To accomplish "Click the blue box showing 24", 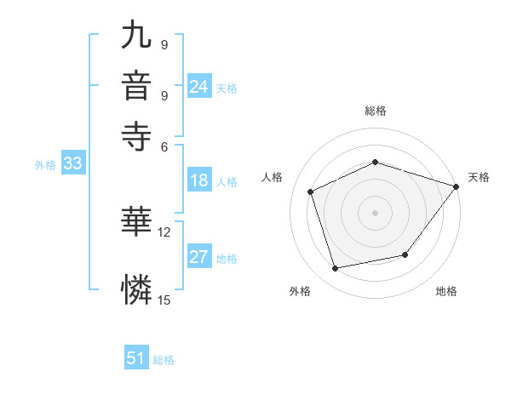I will pyautogui.click(x=199, y=87).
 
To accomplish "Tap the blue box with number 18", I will pyautogui.click(x=199, y=180).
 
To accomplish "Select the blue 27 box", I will pyautogui.click(x=199, y=257).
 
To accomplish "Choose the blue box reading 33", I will pyautogui.click(x=72, y=164).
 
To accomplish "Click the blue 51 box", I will pyautogui.click(x=136, y=358).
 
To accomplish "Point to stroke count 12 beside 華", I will pyautogui.click(x=164, y=231).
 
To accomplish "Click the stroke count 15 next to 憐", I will pyautogui.click(x=164, y=299).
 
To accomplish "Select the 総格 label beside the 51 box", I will pyautogui.click(x=164, y=360).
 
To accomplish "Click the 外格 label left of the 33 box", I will pyautogui.click(x=45, y=165).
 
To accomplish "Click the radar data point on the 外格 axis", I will pyautogui.click(x=336, y=269).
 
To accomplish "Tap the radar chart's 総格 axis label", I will pyautogui.click(x=376, y=111).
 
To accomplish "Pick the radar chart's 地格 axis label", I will pyautogui.click(x=446, y=292).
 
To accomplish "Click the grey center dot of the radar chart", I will pyautogui.click(x=376, y=213).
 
